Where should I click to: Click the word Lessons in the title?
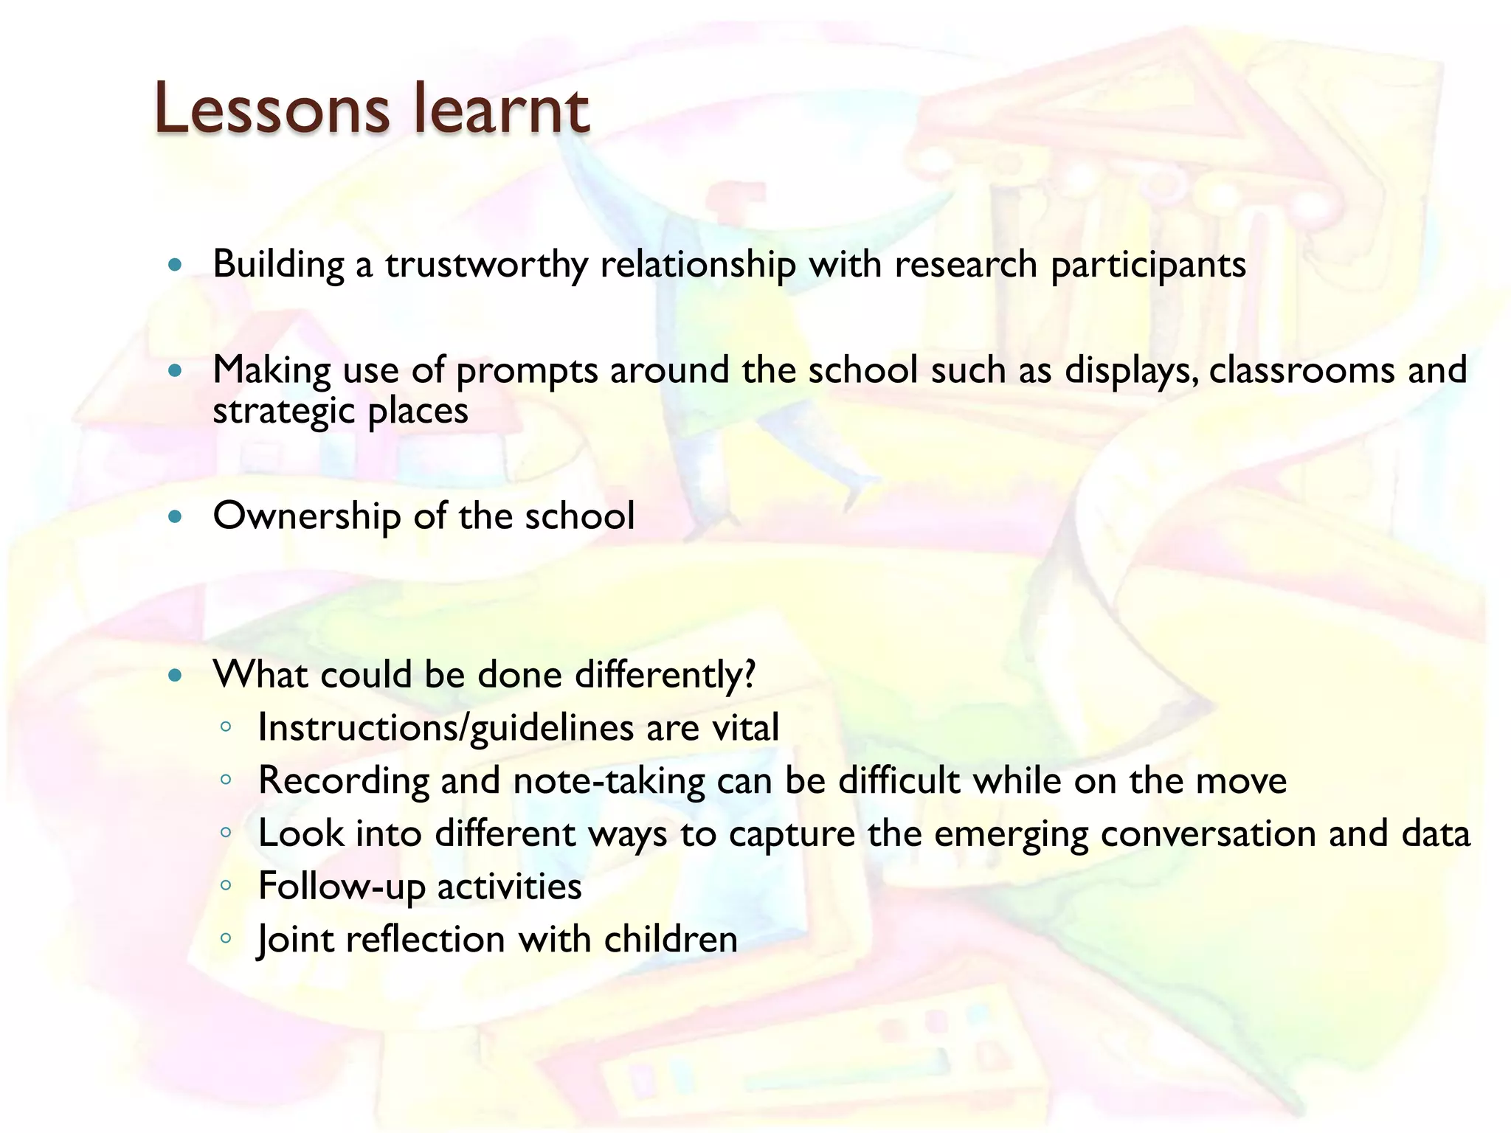[x=271, y=111]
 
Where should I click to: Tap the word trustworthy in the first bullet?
[x=486, y=265]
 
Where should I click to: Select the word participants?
[x=1148, y=265]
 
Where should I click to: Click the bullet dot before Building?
[x=175, y=265]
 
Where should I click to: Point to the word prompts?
[x=527, y=371]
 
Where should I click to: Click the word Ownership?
[x=306, y=516]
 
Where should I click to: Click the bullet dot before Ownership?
[x=175, y=516]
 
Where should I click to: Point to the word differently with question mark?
[x=665, y=675]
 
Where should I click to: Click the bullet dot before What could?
[x=175, y=675]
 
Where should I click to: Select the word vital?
[x=744, y=728]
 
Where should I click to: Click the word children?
[x=670, y=940]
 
